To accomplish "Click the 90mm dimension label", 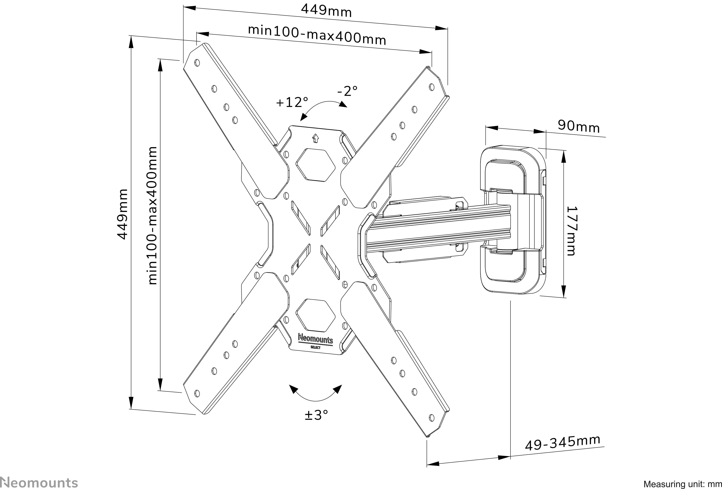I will [x=578, y=126].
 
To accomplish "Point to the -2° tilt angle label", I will [x=347, y=91].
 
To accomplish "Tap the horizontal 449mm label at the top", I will [x=326, y=11].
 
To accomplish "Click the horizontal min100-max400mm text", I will [x=317, y=35].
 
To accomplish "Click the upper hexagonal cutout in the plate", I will [x=316, y=165].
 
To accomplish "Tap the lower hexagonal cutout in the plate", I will [x=316, y=315].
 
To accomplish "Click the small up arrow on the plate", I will [x=315, y=138].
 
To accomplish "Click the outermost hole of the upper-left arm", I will [x=197, y=63].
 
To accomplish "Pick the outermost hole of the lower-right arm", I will [x=432, y=418].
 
